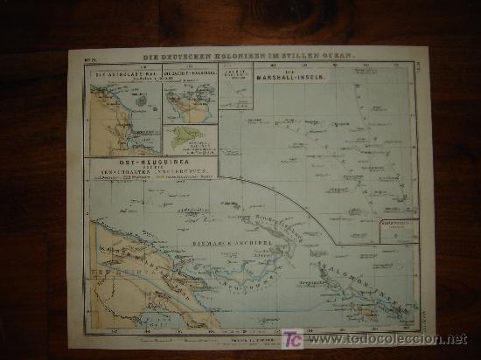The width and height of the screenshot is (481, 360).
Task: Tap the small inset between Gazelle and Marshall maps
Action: coord(235,87)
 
